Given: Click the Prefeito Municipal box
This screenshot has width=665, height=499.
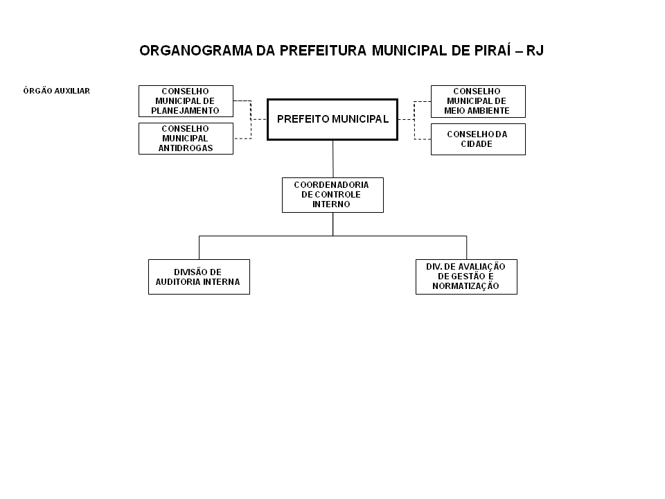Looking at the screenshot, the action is tap(332, 119).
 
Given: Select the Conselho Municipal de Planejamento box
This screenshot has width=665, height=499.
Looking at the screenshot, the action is tap(186, 101).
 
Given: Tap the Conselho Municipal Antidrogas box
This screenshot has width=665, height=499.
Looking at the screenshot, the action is tap(186, 139).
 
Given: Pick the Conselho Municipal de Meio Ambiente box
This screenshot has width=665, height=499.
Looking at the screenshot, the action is tap(478, 101).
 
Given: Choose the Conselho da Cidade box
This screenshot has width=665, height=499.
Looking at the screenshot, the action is tap(478, 139).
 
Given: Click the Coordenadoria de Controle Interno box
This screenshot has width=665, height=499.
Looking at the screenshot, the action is tap(332, 195).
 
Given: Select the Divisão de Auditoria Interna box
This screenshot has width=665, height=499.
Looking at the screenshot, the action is tap(199, 277).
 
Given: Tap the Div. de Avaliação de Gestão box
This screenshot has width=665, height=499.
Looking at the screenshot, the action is tap(466, 277).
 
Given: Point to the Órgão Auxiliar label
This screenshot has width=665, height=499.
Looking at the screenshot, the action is tap(56, 91).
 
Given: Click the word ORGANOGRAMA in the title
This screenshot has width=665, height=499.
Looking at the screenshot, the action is tap(195, 51).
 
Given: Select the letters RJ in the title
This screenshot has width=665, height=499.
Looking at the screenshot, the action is tap(535, 51).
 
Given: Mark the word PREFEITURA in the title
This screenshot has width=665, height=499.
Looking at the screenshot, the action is tap(323, 51).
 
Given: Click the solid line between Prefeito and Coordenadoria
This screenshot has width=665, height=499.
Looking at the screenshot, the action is tap(333, 159).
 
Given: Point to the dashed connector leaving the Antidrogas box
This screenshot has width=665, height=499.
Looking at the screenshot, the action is tap(242, 139).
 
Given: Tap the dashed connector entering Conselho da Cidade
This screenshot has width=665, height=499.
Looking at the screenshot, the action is tap(423, 139).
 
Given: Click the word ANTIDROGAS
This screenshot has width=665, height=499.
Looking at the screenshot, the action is tap(186, 148).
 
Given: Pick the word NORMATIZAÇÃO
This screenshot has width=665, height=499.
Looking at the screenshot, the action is tap(465, 286).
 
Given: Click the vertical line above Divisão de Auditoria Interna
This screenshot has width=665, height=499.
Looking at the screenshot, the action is tap(199, 247).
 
